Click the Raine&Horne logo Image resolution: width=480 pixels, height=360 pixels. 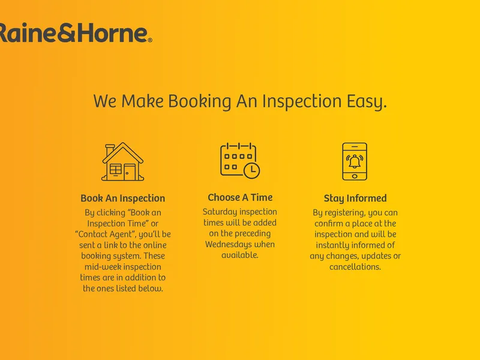(x=76, y=32)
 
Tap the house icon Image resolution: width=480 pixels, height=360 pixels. (x=123, y=161)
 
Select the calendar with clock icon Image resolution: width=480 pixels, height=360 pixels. (x=240, y=160)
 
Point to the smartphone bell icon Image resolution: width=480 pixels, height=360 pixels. (x=355, y=161)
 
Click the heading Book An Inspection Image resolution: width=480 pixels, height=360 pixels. (x=123, y=198)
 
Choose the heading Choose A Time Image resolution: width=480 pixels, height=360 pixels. (x=240, y=197)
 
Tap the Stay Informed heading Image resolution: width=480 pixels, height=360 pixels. (x=355, y=199)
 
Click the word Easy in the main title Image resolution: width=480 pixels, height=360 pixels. (x=367, y=101)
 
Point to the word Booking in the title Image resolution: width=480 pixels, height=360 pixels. (x=200, y=101)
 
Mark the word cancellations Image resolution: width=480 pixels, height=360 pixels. (x=355, y=267)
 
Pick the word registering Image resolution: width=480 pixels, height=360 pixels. (x=340, y=213)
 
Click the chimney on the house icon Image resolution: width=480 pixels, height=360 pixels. (x=110, y=150)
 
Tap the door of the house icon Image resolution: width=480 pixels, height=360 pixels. (x=130, y=172)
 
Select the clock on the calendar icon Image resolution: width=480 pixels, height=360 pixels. (x=251, y=170)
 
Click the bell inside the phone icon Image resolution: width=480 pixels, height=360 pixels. (x=355, y=161)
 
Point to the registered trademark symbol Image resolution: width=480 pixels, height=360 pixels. (x=150, y=40)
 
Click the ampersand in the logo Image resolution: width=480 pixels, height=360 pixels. (x=67, y=33)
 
